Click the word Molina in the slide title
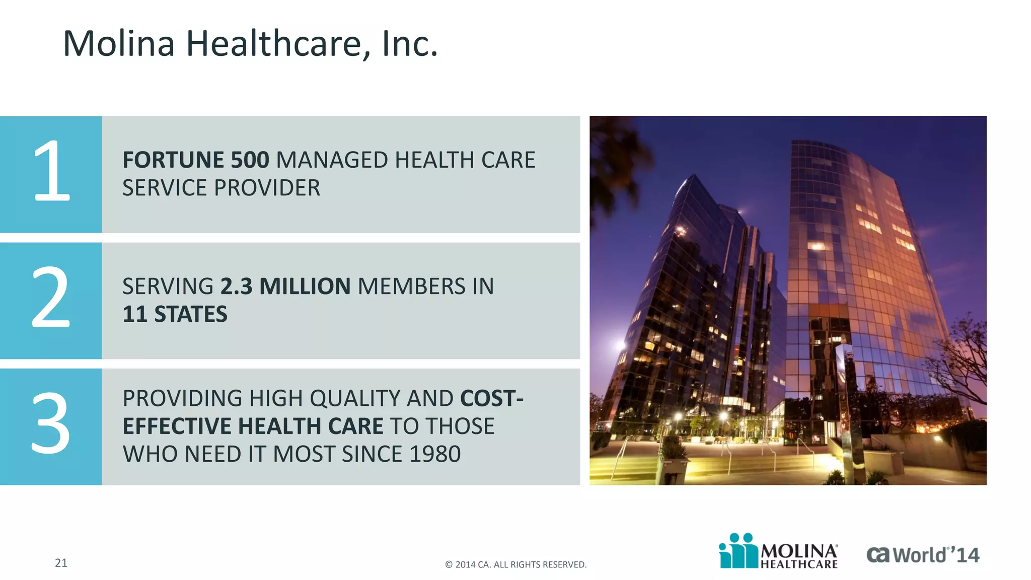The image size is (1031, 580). (119, 44)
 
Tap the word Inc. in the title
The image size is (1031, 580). (410, 44)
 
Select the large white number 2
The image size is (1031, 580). (51, 298)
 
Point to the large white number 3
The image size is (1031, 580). (51, 424)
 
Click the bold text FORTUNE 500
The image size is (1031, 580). (196, 160)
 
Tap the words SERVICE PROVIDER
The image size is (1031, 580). (221, 188)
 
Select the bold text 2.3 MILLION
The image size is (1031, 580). (285, 286)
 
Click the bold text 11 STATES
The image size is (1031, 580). (175, 315)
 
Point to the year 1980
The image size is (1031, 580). (435, 454)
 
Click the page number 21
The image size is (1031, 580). (61, 563)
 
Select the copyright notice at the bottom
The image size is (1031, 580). (515, 565)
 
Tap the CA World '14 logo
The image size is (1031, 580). (922, 555)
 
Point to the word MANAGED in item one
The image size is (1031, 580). (332, 160)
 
